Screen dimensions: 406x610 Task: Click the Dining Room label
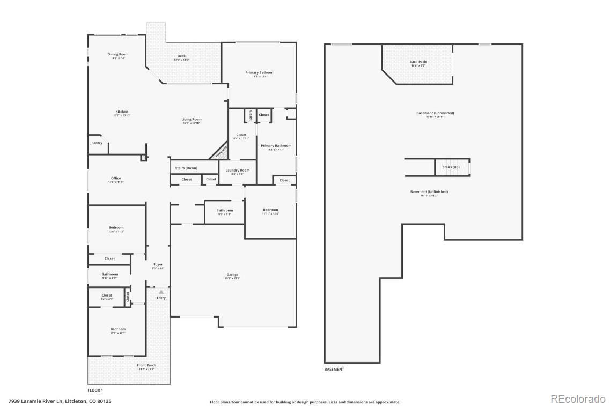(x=118, y=54)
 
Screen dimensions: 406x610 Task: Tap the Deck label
(x=181, y=56)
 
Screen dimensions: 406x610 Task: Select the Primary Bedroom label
(x=260, y=72)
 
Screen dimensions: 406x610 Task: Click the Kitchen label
(x=122, y=112)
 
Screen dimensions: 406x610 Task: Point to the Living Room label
(x=191, y=120)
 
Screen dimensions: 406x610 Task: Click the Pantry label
(x=97, y=143)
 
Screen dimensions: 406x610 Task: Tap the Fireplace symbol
(x=221, y=151)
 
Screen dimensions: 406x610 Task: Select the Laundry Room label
(x=237, y=171)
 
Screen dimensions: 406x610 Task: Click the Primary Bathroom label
(x=276, y=146)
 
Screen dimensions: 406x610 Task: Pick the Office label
(x=116, y=179)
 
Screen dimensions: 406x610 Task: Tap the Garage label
(x=232, y=275)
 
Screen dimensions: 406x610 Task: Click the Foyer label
(x=158, y=264)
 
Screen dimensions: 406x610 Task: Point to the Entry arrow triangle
(x=160, y=292)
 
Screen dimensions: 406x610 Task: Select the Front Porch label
(x=146, y=366)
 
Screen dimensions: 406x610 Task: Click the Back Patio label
(x=418, y=62)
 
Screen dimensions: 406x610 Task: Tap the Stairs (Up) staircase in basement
(x=452, y=167)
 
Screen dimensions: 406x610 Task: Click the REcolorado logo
(x=578, y=398)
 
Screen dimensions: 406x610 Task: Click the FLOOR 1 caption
(x=95, y=390)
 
